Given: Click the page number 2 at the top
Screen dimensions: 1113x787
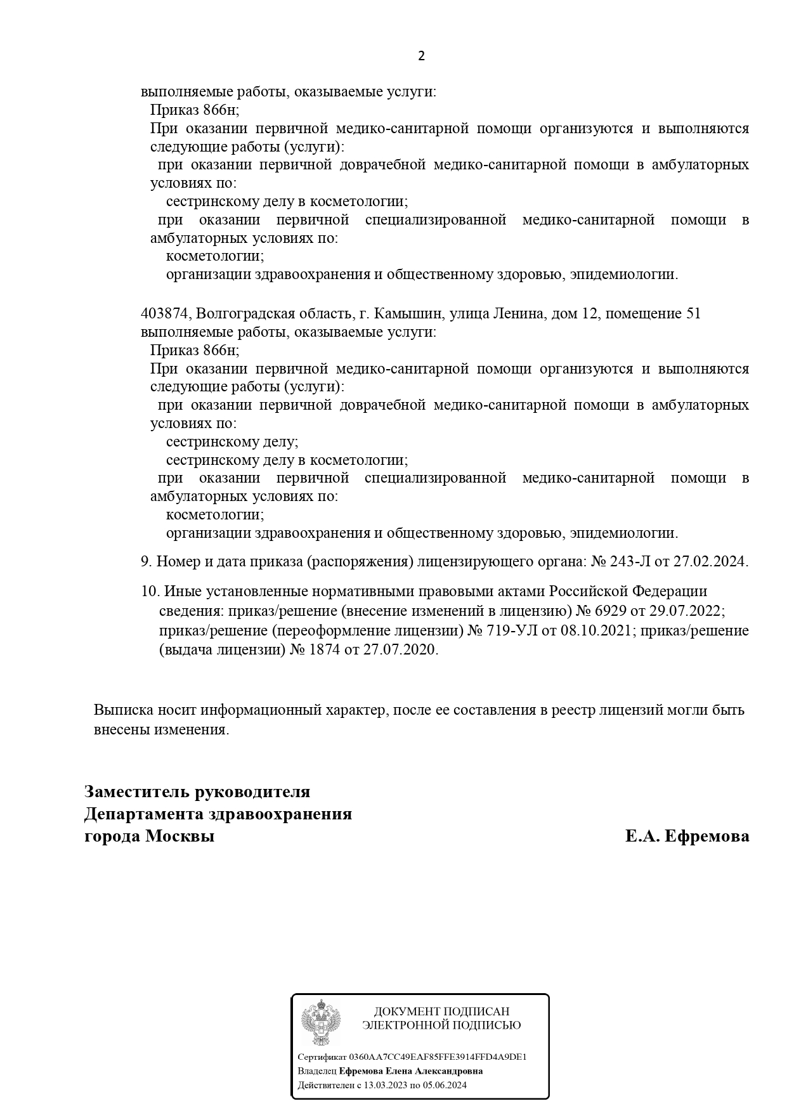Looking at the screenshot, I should (421, 56).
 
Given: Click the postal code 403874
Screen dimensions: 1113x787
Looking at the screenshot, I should (165, 314).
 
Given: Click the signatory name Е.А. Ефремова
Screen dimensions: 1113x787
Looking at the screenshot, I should (687, 836).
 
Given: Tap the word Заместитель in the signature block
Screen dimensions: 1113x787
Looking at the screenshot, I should (136, 792).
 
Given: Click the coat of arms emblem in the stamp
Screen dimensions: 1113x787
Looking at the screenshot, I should (321, 1022).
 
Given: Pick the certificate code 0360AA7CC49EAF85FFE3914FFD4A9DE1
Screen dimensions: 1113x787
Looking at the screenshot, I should (438, 1057).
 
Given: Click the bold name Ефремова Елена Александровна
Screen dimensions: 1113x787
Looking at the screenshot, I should (411, 1071).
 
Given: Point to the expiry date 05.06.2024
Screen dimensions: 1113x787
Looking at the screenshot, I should (446, 1085).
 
